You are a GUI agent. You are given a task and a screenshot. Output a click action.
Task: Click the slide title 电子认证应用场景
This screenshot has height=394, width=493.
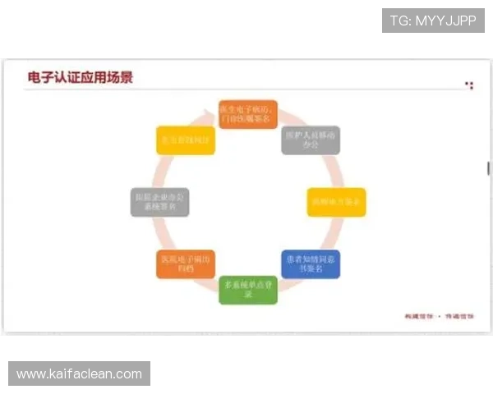pyautogui.click(x=80, y=78)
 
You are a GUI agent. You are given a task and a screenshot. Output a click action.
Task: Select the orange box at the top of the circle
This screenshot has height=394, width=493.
pyautogui.click(x=248, y=114)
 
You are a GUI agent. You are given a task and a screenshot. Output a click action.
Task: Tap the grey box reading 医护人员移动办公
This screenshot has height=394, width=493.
pyautogui.click(x=311, y=140)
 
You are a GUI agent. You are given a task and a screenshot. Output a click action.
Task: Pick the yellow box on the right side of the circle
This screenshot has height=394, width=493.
pyautogui.click(x=336, y=201)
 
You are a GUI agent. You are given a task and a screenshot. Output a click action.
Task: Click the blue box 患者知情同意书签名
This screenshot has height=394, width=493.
pyautogui.click(x=311, y=263)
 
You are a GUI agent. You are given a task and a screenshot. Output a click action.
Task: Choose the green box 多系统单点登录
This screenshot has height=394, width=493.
pyautogui.click(x=248, y=289)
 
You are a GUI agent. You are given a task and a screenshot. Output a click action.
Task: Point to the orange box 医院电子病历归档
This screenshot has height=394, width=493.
pyautogui.click(x=186, y=263)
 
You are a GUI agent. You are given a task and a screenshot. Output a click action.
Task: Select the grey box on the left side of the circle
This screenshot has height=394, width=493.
pyautogui.click(x=160, y=201)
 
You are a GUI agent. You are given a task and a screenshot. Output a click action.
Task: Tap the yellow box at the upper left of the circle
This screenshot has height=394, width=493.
pyautogui.click(x=186, y=140)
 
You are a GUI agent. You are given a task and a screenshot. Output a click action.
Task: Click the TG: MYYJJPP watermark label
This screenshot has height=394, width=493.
pyautogui.click(x=433, y=20)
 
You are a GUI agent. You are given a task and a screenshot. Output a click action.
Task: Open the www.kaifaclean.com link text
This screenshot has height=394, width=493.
pyautogui.click(x=79, y=374)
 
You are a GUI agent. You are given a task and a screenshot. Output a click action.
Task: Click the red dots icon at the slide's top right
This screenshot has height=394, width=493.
pyautogui.click(x=469, y=84)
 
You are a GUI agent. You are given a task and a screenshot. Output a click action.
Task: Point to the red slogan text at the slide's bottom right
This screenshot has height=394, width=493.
pyautogui.click(x=440, y=315)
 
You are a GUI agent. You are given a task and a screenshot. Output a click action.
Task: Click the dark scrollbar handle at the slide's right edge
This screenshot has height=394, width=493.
pyautogui.click(x=488, y=167)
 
